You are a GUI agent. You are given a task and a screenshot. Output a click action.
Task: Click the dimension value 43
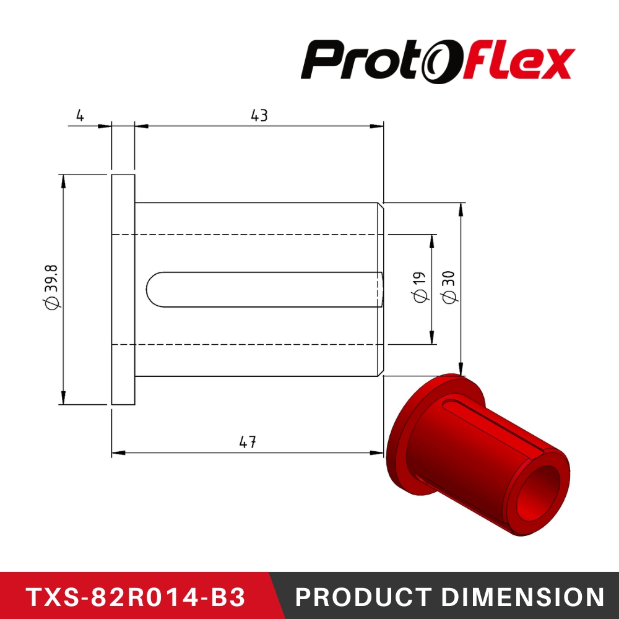[x=259, y=116]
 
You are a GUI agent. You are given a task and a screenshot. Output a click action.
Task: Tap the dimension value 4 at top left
[x=79, y=116]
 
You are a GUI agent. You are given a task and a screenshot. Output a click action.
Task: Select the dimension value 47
[x=248, y=442]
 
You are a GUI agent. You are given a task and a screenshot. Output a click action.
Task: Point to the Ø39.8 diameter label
[x=52, y=287]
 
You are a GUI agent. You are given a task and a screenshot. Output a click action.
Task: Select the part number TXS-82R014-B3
[x=136, y=597]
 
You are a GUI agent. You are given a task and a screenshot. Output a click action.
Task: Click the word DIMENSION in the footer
[x=524, y=597]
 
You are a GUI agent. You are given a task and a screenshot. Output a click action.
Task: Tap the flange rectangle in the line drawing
[x=123, y=289]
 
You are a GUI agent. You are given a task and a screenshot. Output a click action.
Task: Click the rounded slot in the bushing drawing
[x=266, y=289]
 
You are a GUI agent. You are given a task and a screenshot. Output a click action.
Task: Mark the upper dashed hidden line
[x=248, y=235]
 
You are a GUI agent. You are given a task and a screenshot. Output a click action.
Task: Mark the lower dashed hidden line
[x=248, y=345]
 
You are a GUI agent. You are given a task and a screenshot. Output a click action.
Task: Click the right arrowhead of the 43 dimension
[x=378, y=126]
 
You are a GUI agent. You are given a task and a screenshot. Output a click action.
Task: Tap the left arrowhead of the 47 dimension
[x=118, y=452]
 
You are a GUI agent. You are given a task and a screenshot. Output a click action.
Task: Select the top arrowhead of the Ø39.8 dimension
[x=63, y=180]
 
